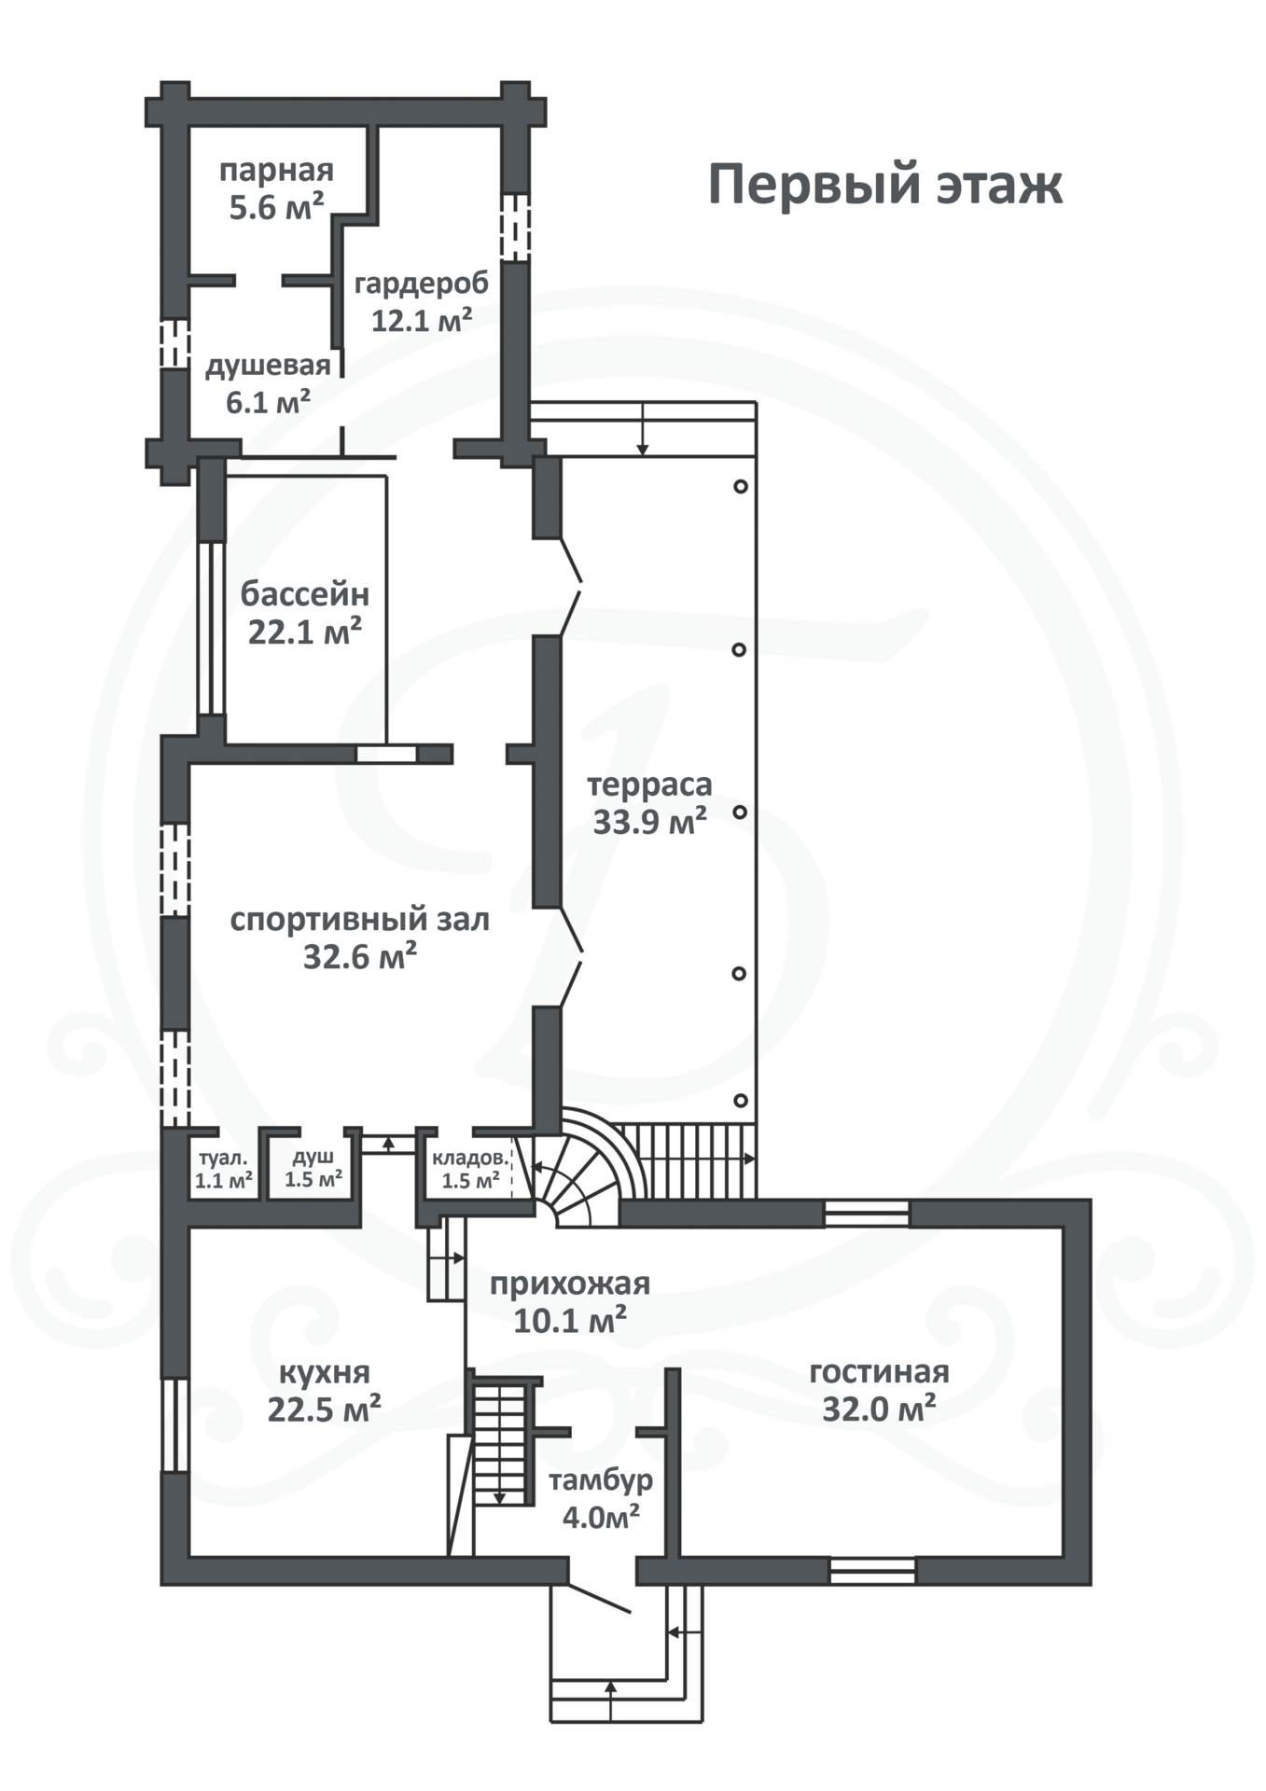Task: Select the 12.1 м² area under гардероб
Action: point(422,320)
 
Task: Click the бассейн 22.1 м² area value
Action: point(305,632)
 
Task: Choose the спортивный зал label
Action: point(360,921)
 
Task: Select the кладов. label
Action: point(471,1159)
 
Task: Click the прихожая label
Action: point(570,1284)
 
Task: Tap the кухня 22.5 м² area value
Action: point(324,1409)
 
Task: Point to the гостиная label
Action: point(880,1372)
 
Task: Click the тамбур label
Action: point(601,1480)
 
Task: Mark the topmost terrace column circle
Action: point(740,486)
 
